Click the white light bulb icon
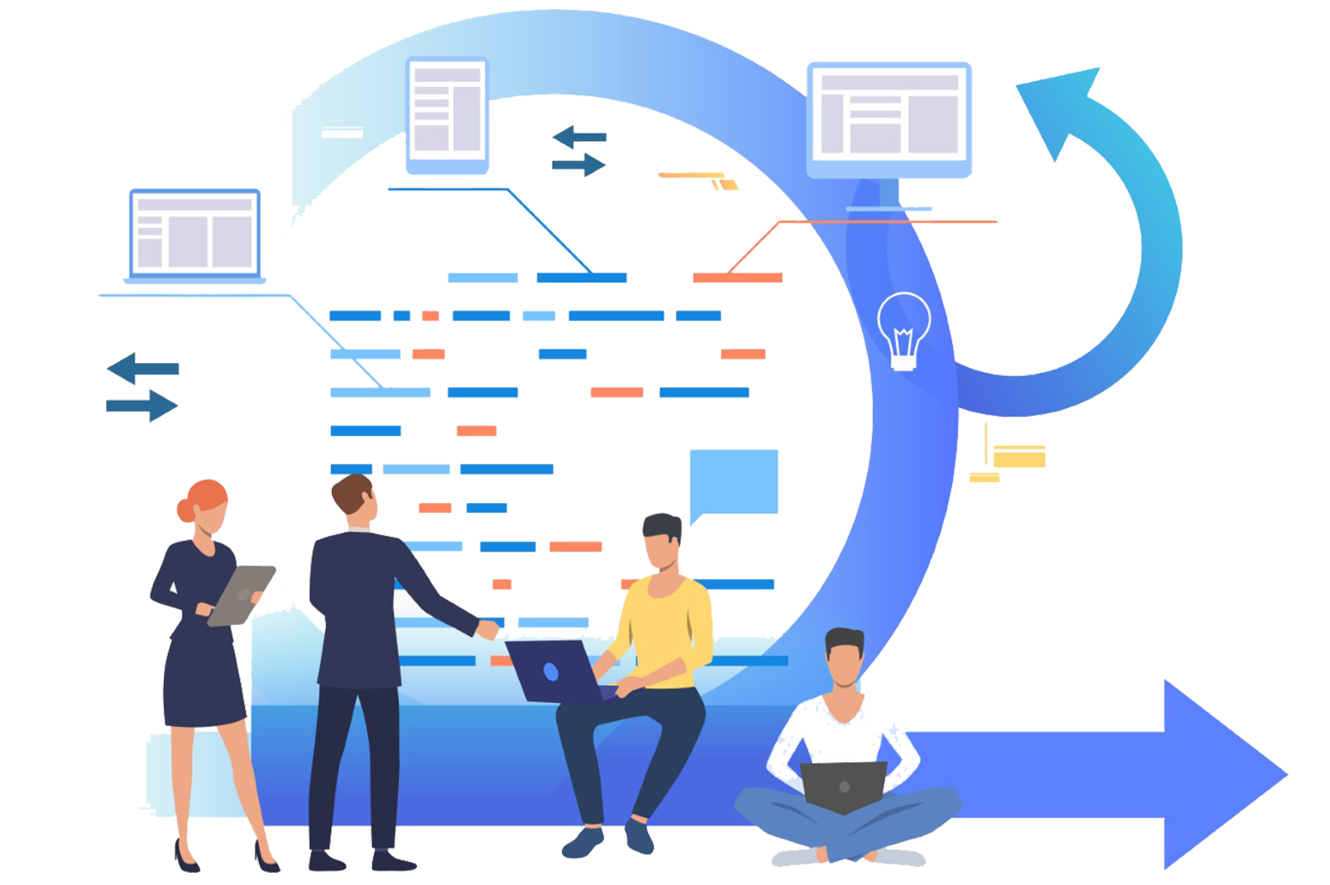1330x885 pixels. tap(903, 331)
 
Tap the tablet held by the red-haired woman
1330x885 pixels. tap(241, 595)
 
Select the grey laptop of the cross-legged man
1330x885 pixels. tap(843, 785)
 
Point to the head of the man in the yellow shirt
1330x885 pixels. tap(662, 542)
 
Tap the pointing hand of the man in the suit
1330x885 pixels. tap(488, 629)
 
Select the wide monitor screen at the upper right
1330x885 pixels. tap(889, 115)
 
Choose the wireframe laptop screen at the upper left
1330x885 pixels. tap(195, 233)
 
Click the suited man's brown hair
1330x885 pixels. tap(351, 492)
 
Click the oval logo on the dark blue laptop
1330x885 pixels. tap(551, 672)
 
